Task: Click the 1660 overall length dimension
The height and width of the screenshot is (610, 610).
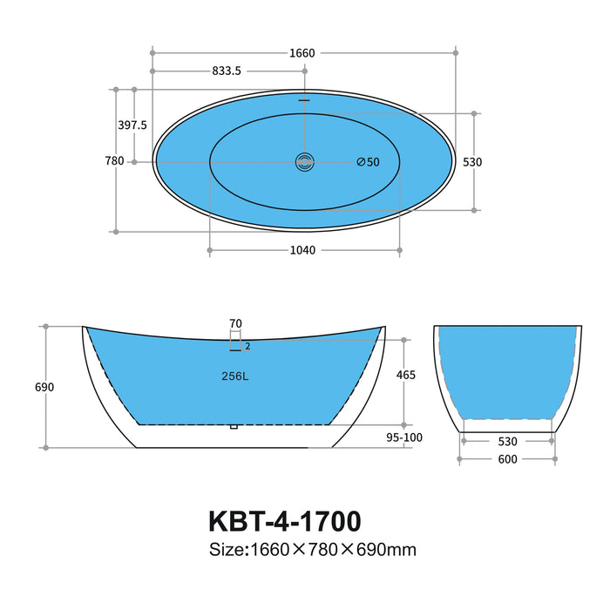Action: [x=302, y=53]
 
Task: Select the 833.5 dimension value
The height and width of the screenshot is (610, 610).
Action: [x=227, y=71]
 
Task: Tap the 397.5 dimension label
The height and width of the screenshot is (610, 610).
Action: [x=132, y=125]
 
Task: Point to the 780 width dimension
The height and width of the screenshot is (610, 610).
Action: [x=114, y=161]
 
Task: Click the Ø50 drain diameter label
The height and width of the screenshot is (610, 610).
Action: [x=368, y=162]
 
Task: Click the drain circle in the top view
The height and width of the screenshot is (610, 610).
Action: [x=304, y=161]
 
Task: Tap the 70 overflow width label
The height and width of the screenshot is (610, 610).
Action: [x=235, y=323]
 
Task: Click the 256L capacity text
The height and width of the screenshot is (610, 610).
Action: [x=236, y=376]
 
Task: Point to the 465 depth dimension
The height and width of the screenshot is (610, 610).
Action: [x=406, y=376]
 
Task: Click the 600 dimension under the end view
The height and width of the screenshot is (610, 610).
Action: [x=508, y=459]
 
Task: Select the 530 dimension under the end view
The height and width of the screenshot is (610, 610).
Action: [x=508, y=441]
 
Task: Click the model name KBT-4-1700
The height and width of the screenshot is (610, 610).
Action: [x=284, y=521]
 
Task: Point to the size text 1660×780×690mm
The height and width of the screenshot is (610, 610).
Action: [x=312, y=550]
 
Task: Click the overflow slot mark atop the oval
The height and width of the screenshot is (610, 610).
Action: [x=304, y=99]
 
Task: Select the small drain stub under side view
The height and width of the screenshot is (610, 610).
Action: [x=233, y=427]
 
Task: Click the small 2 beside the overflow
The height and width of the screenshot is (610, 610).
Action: [x=247, y=346]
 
